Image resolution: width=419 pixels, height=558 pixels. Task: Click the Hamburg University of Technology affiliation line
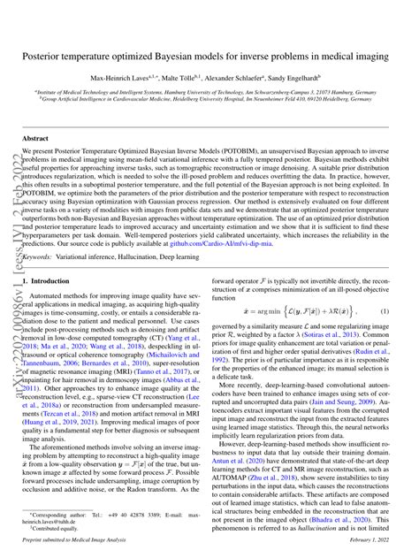click(x=209, y=91)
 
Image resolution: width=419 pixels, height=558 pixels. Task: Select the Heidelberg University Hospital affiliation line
click(x=209, y=98)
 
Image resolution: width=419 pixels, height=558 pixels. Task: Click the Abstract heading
click(x=35, y=139)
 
